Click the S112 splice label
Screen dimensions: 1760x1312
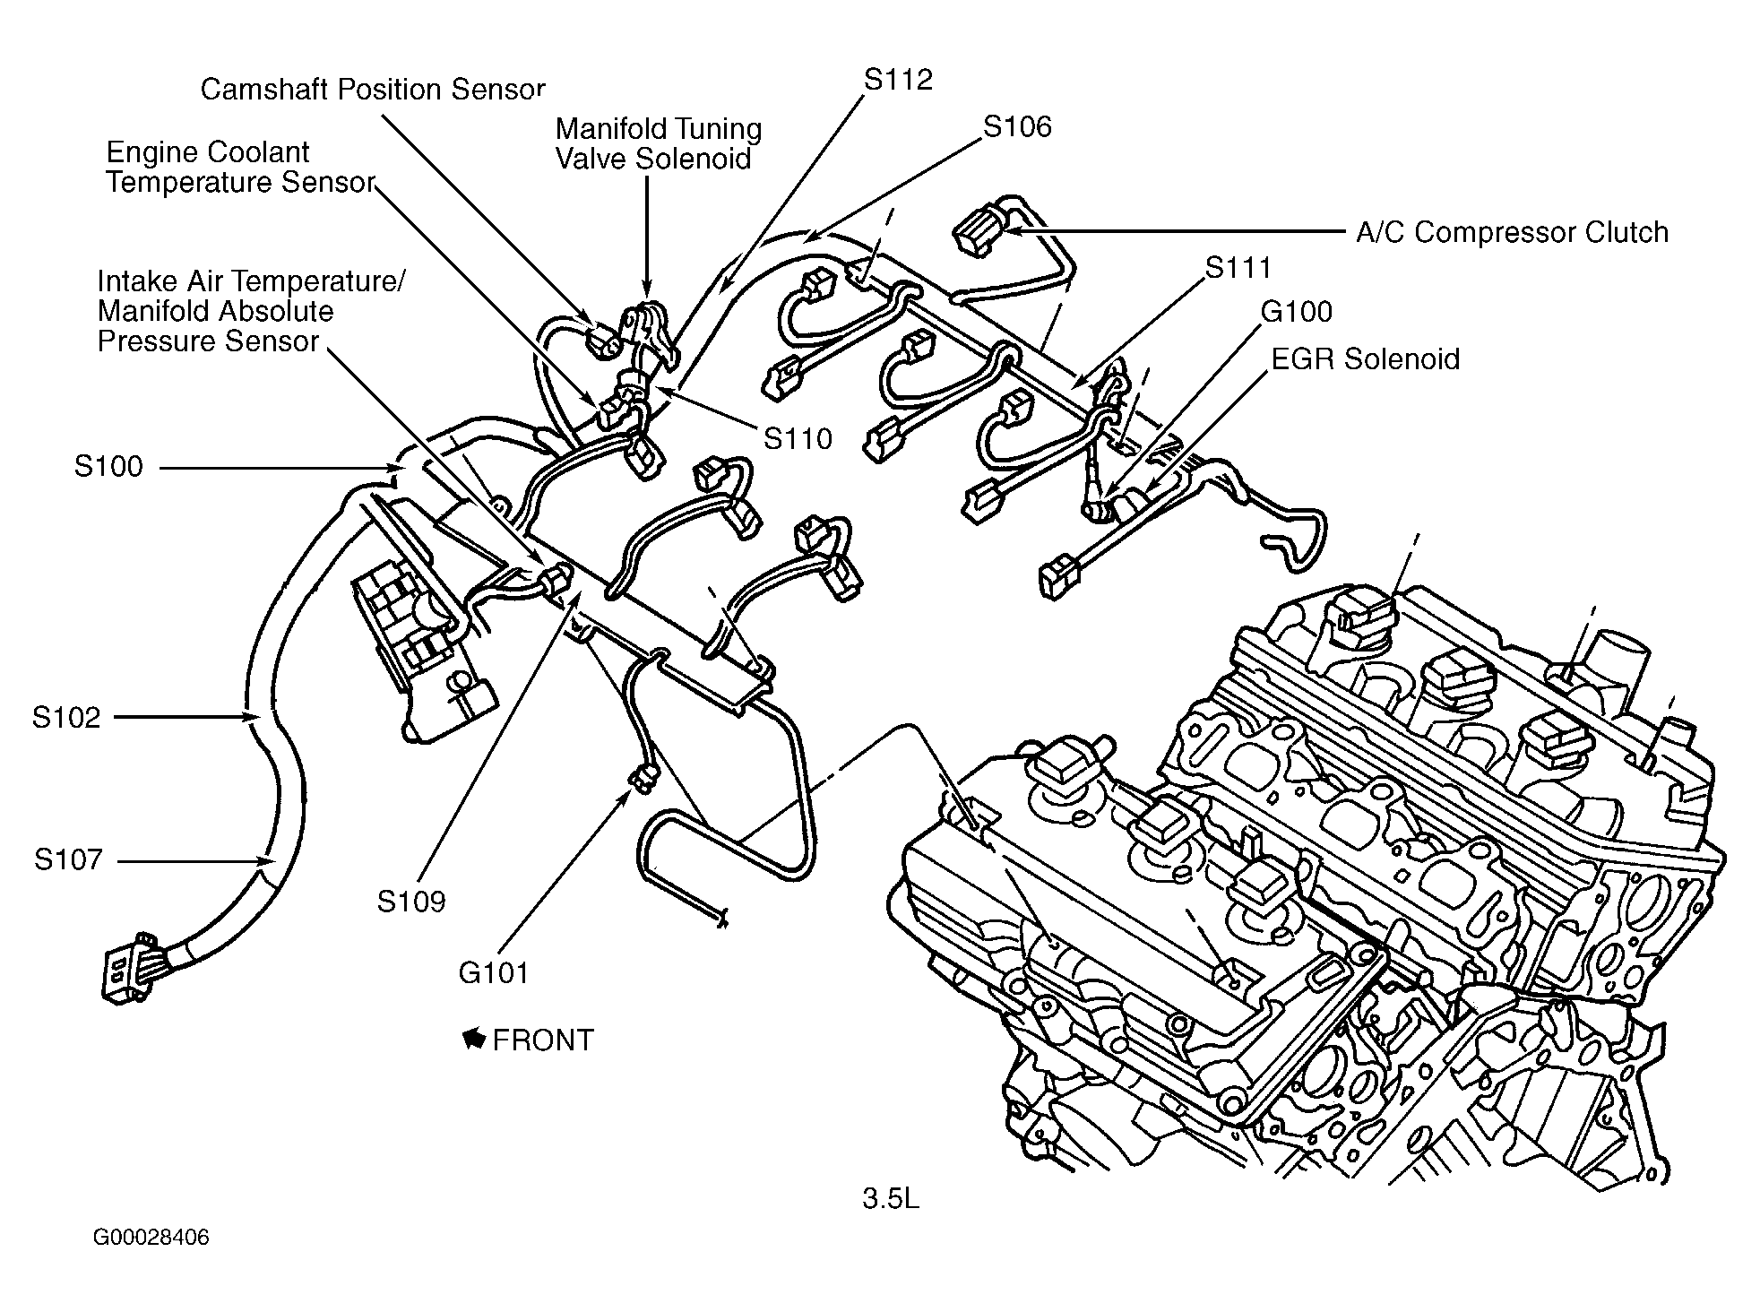[898, 80]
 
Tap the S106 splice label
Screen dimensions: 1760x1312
[1017, 127]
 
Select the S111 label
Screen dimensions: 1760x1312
[1238, 267]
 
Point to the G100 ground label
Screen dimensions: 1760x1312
[1297, 311]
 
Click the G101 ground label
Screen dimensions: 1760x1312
[494, 972]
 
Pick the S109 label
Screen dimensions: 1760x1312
[410, 901]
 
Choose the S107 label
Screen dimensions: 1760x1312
[69, 860]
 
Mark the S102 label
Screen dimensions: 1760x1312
[66, 718]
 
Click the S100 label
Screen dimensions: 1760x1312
[108, 467]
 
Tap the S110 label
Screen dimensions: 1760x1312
[798, 438]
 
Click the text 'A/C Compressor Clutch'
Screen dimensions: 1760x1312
[1512, 233]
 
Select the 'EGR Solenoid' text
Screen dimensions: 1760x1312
[1365, 358]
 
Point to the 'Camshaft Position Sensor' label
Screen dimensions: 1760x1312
[373, 89]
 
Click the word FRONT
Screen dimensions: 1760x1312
[543, 1040]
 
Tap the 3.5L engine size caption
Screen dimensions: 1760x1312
[891, 1199]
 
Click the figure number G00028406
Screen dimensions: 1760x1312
[151, 1238]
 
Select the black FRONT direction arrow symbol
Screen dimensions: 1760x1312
[474, 1040]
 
